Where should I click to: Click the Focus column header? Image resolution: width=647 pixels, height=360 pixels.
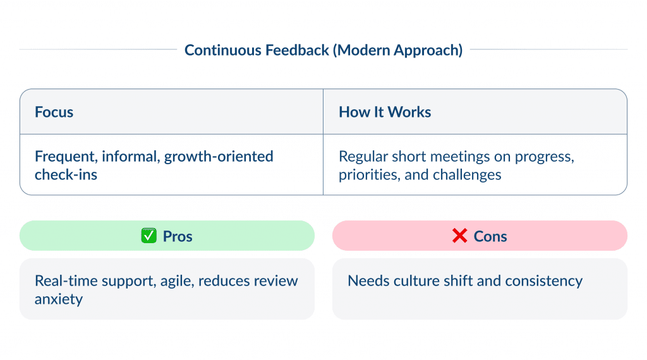(54, 112)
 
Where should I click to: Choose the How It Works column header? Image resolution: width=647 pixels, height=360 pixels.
(385, 112)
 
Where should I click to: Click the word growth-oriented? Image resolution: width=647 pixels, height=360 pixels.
(219, 156)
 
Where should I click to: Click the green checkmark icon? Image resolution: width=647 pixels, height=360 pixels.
(148, 236)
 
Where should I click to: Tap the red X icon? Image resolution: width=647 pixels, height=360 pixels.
(459, 236)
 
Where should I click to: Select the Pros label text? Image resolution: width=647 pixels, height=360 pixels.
(178, 236)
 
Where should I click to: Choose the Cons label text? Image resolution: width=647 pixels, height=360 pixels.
(490, 236)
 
